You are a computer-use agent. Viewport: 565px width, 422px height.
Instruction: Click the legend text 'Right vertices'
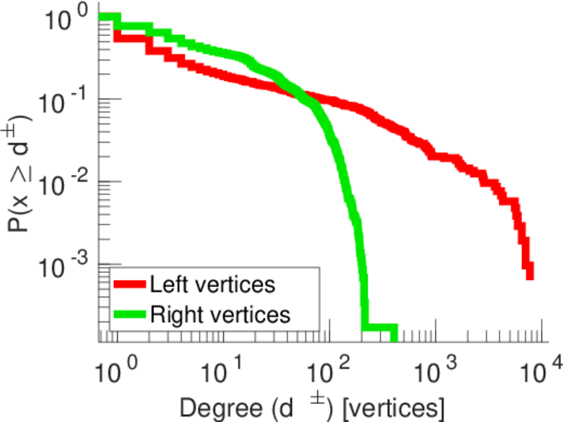(220, 314)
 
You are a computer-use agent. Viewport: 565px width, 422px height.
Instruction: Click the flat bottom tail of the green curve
(380, 328)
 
